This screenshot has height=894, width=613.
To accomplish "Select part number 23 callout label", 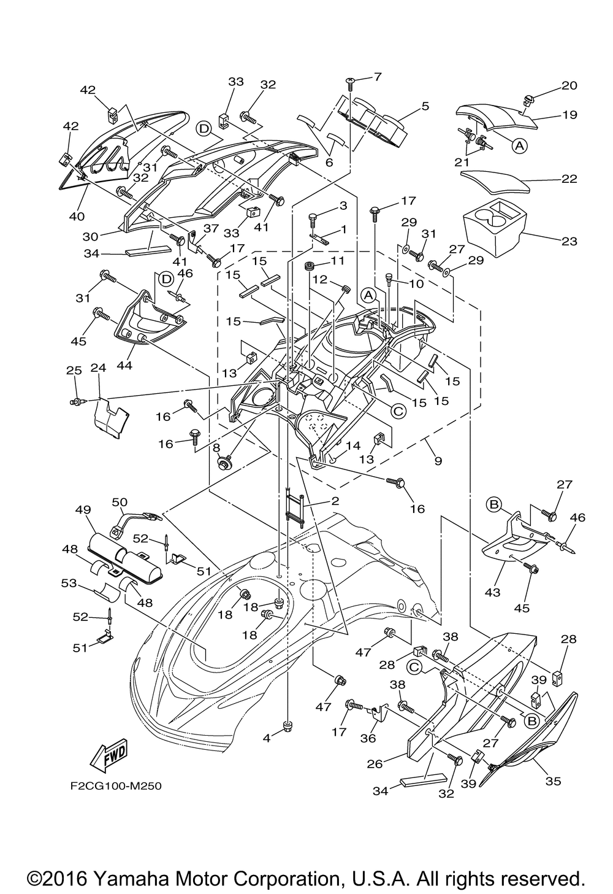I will click(569, 241).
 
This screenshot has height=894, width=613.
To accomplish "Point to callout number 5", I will click(442, 106).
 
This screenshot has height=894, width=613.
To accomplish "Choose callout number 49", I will click(83, 509).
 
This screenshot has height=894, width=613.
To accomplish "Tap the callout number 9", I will click(438, 460).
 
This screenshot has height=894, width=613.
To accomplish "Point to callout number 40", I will click(77, 216).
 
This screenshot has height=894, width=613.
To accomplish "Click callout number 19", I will click(569, 115).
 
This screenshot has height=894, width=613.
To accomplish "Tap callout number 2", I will click(335, 501).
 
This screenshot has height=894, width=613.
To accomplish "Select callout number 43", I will click(492, 592).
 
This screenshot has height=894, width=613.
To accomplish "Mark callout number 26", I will click(375, 764).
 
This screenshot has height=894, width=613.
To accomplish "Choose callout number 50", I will click(118, 503).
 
